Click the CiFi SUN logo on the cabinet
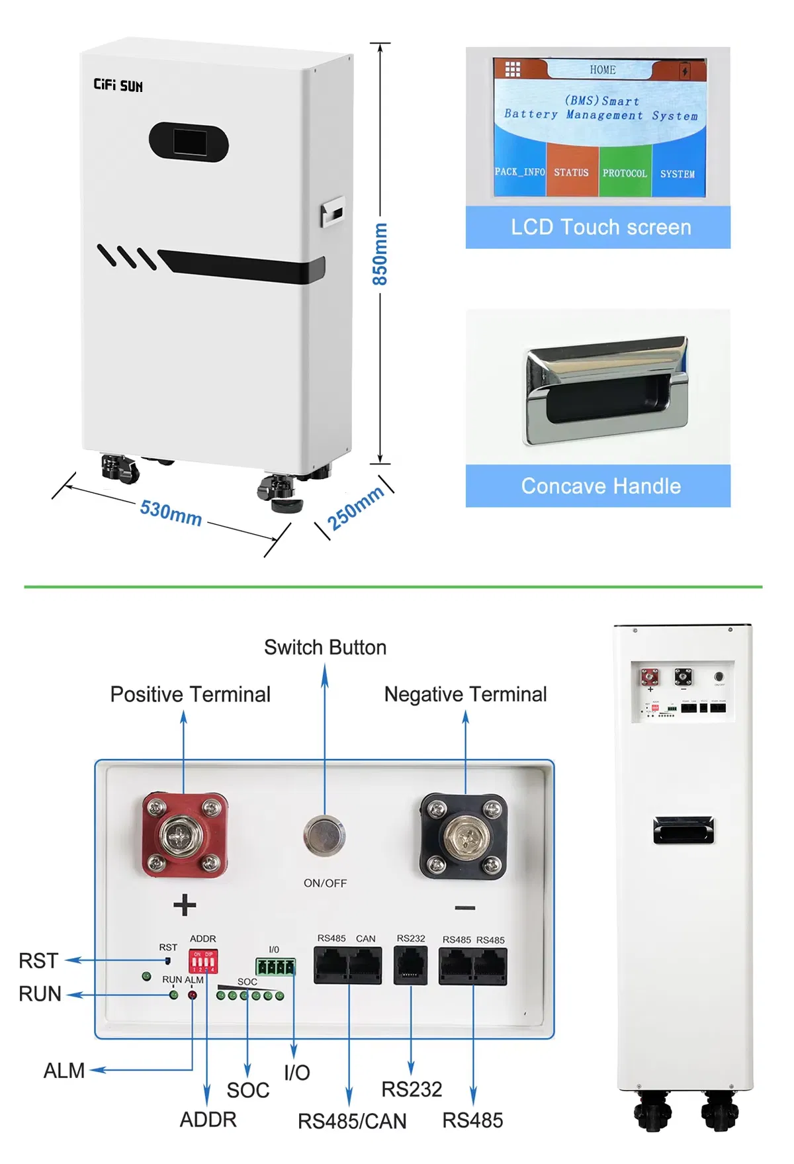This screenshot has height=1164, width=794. coord(118,85)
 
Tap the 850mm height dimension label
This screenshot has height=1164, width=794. coord(380,254)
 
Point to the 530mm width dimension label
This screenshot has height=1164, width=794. coord(171,513)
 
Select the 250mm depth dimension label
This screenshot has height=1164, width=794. coord(356,508)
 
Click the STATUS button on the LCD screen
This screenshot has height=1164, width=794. coord(572,173)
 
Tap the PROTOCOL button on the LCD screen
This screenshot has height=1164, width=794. coord(625,173)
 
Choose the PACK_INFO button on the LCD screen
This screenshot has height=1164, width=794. coord(520,172)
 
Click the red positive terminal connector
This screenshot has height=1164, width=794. coord(185,836)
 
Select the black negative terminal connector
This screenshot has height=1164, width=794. coord(464,837)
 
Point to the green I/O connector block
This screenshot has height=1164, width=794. coord(275,967)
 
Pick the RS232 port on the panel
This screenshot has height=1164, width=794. coord(410,965)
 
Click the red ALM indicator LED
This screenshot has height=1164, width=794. coord(193,995)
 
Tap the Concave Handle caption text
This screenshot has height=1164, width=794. coord(601,486)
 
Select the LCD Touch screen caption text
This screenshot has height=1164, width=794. coord(601,228)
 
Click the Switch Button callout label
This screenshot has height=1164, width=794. coord(325,647)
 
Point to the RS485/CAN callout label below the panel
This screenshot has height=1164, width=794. coord(352,1122)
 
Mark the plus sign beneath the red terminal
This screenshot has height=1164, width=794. coord(185,905)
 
